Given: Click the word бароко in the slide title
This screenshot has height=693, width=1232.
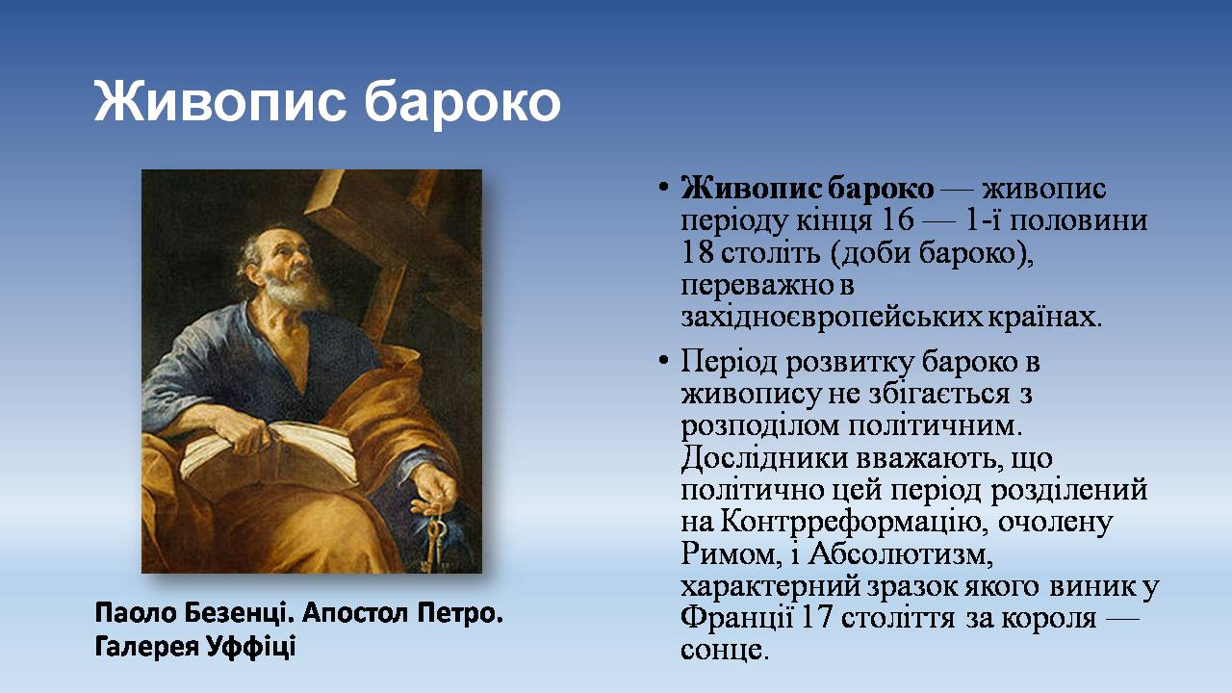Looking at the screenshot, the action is [462, 103].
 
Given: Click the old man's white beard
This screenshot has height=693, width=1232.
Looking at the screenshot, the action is [295, 290].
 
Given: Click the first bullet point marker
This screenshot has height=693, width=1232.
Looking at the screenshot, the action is [664, 188].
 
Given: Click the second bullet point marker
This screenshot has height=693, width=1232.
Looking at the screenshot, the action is [664, 361].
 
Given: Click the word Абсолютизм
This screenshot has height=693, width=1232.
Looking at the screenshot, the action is [900, 554].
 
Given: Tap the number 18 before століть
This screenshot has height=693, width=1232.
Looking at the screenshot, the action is [697, 252].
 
